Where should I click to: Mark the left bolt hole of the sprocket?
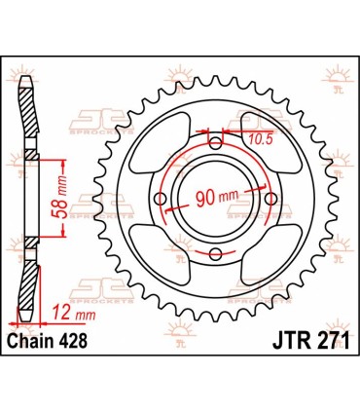tap(161, 200)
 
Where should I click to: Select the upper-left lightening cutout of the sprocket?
tap(156, 142)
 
